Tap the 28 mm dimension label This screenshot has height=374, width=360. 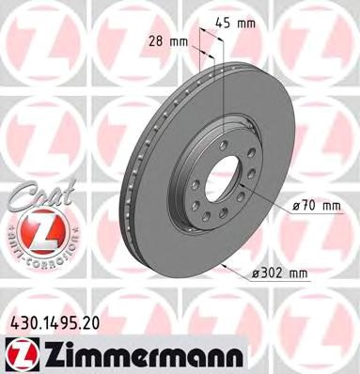click(172, 41)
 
